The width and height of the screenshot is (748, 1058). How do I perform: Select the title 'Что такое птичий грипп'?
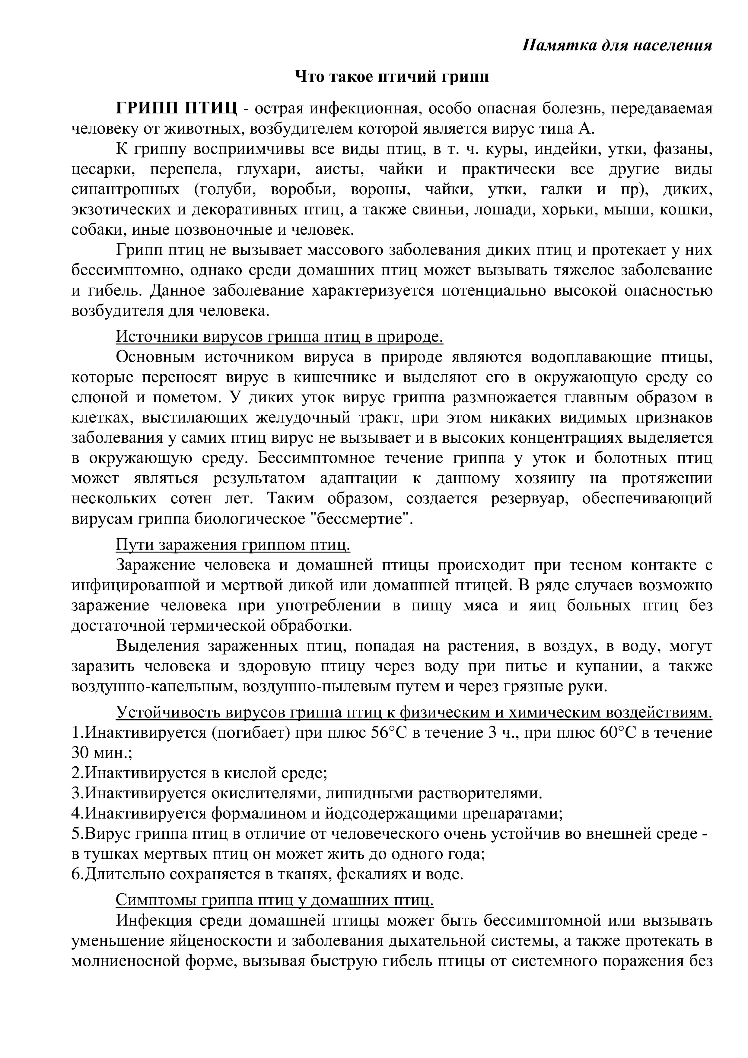click(x=392, y=77)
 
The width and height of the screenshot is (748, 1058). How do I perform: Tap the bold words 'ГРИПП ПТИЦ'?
click(x=177, y=109)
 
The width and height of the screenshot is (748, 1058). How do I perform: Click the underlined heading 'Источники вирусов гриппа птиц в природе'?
click(x=279, y=337)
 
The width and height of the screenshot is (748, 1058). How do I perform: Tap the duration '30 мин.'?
click(x=101, y=753)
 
